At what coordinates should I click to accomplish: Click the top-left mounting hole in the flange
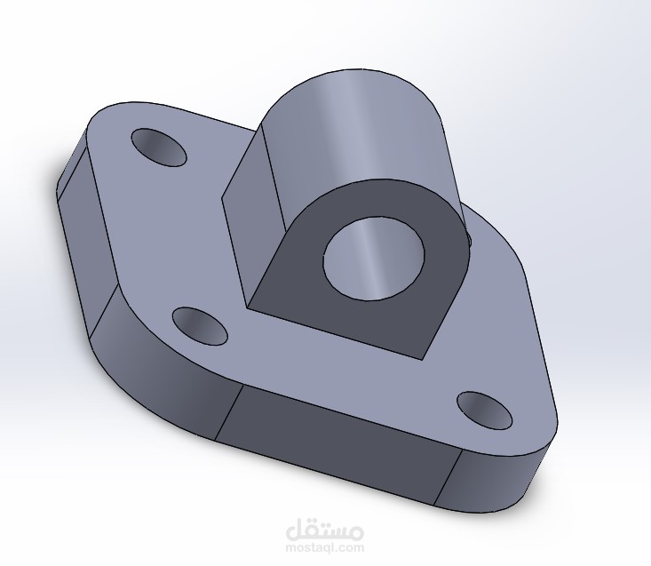[x=159, y=147]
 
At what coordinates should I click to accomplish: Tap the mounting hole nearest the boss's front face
[x=200, y=326]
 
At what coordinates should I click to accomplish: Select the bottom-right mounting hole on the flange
[x=485, y=411]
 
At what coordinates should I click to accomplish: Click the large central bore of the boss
[x=374, y=258]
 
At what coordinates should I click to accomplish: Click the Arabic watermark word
[x=325, y=530]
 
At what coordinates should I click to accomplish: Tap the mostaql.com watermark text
[x=325, y=547]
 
